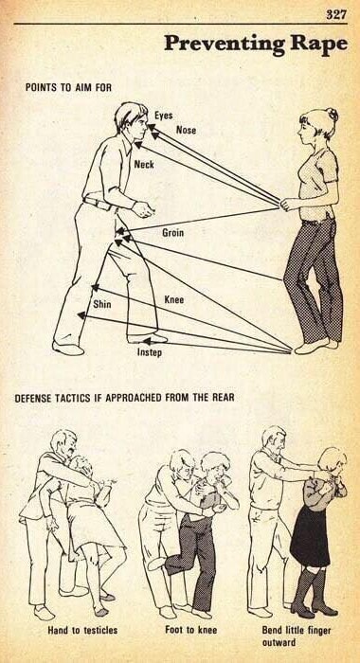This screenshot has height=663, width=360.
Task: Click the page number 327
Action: (336, 14)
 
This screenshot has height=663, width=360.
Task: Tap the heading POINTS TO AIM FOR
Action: (68, 87)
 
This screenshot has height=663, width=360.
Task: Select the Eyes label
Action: (163, 115)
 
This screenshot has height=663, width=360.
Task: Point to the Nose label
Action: (186, 130)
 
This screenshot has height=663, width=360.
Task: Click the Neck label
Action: (144, 164)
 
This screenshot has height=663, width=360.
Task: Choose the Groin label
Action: (173, 233)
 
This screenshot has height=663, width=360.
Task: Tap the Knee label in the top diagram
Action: (174, 300)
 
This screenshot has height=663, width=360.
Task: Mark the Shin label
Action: (102, 304)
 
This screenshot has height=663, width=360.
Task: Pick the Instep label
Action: (149, 351)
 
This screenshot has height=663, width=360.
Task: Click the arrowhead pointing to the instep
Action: (147, 341)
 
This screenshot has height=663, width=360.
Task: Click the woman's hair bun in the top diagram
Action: (333, 115)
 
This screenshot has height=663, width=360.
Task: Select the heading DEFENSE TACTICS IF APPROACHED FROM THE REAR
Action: (124, 398)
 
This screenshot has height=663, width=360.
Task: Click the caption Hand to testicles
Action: (82, 631)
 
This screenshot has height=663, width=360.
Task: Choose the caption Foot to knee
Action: (190, 630)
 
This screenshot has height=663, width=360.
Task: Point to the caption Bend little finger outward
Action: (297, 636)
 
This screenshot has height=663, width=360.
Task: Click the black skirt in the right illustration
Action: (310, 536)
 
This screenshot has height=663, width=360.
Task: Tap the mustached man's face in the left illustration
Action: (70, 446)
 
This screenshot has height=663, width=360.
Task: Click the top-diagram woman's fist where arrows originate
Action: (290, 205)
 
